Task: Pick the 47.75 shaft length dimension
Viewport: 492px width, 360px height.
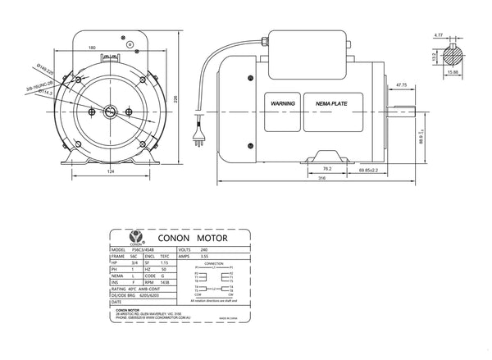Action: (402, 84)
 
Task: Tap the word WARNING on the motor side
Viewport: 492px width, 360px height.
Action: (281, 104)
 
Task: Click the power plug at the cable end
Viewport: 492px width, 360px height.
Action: (196, 133)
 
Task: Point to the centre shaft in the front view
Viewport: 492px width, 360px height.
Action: (111, 112)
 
